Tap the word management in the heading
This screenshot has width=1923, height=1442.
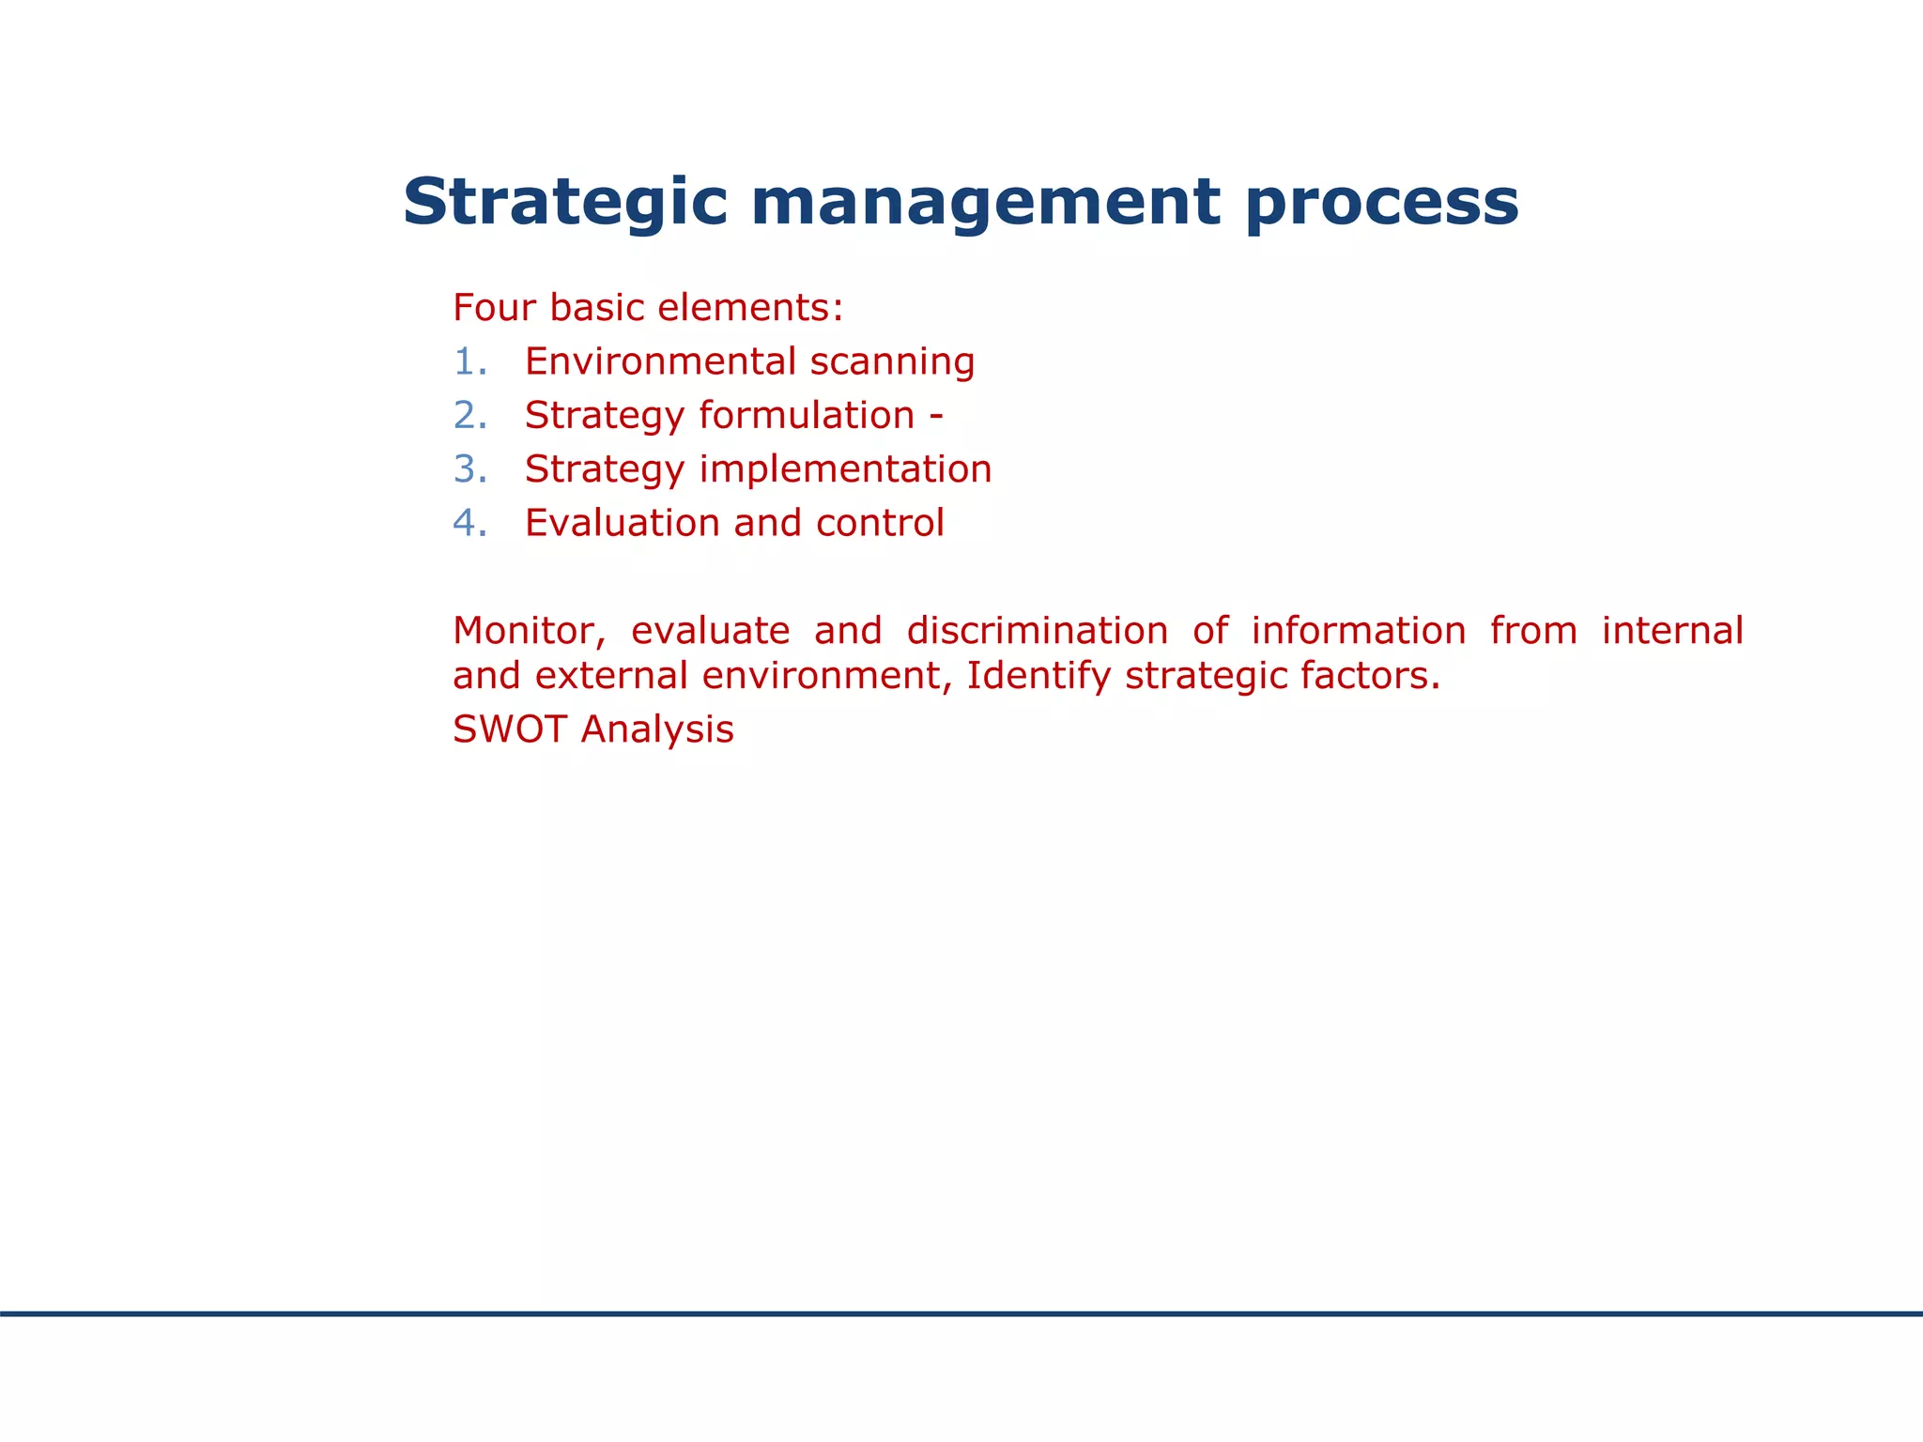pos(986,203)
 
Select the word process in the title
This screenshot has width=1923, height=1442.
pos(1382,203)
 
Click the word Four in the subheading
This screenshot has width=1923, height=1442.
pos(494,308)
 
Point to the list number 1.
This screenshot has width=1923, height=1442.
pos(468,362)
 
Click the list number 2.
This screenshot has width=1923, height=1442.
pos(468,416)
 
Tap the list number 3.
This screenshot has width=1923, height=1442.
pos(468,469)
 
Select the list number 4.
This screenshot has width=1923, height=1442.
pos(468,524)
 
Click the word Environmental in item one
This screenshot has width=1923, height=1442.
pos(660,362)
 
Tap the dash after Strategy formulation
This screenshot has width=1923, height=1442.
pos(936,416)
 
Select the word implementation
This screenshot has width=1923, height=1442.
pos(845,469)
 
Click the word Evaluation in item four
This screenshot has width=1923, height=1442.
pos(622,524)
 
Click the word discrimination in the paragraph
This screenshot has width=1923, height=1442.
pos(1037,631)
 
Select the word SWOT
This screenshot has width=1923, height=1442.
pos(509,730)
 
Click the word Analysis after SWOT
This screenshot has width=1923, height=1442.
pos(657,730)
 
